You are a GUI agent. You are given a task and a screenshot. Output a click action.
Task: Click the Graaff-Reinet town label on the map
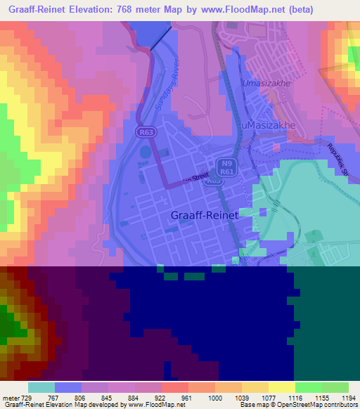[205, 216]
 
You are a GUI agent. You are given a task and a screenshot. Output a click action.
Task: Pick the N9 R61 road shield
[225, 166]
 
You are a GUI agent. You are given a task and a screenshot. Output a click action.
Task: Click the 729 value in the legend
[28, 398]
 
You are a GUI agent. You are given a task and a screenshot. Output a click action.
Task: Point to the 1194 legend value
[340, 398]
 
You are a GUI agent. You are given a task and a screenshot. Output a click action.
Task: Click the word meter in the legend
[11, 398]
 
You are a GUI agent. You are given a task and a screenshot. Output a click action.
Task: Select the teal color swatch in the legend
[41, 387]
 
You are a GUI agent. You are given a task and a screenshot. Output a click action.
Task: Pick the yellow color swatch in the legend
[282, 387]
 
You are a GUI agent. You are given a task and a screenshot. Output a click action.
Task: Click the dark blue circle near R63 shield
[145, 151]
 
